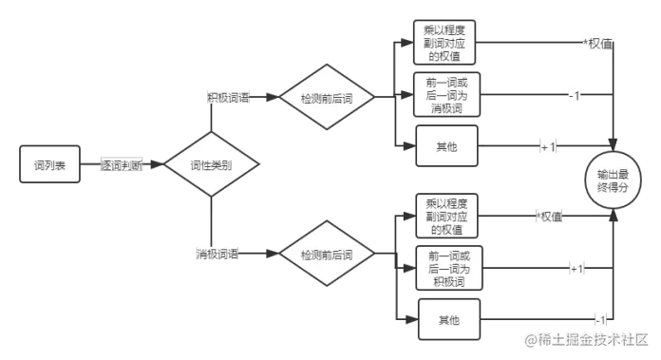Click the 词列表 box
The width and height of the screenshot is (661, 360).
click(x=49, y=165)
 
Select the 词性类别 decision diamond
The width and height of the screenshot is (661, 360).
click(x=210, y=165)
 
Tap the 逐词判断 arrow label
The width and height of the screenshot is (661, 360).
click(x=123, y=165)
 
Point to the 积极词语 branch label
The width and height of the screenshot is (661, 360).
click(x=229, y=97)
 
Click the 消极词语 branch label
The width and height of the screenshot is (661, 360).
click(x=217, y=255)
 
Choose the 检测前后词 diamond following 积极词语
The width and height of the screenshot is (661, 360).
click(x=326, y=98)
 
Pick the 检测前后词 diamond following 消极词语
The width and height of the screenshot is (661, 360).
click(x=326, y=256)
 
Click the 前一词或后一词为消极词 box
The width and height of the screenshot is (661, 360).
click(x=445, y=94)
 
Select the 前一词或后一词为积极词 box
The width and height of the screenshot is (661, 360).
click(x=445, y=269)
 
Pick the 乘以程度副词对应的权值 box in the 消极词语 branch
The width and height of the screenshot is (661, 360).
click(x=445, y=217)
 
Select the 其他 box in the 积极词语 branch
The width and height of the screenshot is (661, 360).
click(x=445, y=146)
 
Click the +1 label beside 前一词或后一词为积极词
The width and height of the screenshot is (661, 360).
click(x=576, y=270)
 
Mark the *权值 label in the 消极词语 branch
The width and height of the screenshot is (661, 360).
click(x=549, y=218)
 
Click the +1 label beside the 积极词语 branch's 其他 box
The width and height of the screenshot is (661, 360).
click(x=548, y=147)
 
